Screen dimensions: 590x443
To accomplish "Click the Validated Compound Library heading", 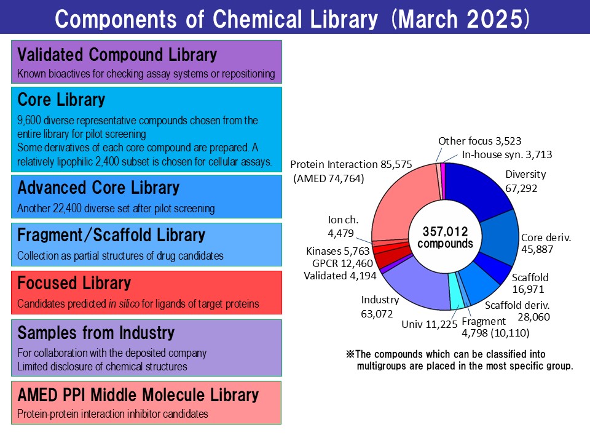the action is [x=117, y=55].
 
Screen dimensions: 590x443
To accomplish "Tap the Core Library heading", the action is [x=61, y=100].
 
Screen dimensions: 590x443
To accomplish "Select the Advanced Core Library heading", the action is [x=98, y=188].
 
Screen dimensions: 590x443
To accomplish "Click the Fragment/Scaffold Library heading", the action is [x=111, y=235].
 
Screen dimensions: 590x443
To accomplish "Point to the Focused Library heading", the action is [x=74, y=283].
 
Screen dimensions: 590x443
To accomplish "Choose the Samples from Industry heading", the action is [x=96, y=333].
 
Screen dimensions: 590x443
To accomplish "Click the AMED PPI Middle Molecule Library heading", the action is [x=138, y=395].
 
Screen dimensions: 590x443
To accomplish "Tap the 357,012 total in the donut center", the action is [x=445, y=231].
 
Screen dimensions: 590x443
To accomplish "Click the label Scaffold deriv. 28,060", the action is [x=517, y=311].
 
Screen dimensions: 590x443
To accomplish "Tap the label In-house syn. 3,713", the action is [x=507, y=154].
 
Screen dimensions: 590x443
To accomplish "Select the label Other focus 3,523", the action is [x=480, y=141].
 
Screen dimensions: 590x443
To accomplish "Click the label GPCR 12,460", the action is [x=342, y=263].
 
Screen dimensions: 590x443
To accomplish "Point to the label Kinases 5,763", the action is [x=338, y=251].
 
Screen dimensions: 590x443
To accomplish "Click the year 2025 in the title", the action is [x=494, y=19].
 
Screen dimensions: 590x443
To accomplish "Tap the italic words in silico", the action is [x=124, y=303].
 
